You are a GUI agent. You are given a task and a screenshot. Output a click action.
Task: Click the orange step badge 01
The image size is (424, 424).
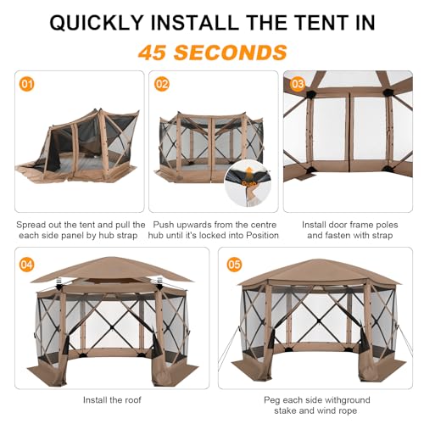point(27,85)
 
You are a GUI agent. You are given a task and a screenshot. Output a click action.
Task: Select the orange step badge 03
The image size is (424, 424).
point(298,85)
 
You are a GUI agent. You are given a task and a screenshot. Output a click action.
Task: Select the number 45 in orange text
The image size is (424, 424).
point(162,52)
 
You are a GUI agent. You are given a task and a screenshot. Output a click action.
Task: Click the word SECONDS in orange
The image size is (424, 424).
point(239,52)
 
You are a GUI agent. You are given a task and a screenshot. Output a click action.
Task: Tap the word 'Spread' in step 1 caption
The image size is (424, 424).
point(35,225)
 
